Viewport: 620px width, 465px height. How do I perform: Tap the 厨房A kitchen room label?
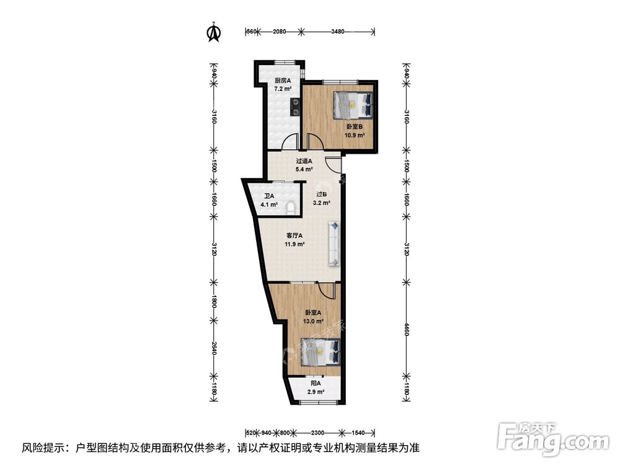[x=283, y=81]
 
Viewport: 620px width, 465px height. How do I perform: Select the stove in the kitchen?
[x=295, y=107]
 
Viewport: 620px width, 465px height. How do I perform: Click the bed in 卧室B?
[x=353, y=105]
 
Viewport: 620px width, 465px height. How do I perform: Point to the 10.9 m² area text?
[x=354, y=135]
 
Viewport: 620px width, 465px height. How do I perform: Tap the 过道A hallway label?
[x=304, y=161]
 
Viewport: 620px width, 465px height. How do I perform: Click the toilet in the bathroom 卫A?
[x=291, y=207]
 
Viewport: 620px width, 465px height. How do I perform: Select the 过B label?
[x=321, y=195]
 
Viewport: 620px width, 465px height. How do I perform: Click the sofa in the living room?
[x=334, y=243]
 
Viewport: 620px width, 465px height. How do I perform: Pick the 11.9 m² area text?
[x=294, y=244]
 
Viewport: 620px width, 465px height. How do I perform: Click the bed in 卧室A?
[x=321, y=350]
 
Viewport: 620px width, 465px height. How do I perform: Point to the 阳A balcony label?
[x=316, y=384]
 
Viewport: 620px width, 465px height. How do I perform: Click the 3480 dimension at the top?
[x=338, y=32]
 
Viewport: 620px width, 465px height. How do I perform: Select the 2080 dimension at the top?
[x=280, y=32]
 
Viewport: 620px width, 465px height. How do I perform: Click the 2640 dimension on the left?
[x=213, y=348]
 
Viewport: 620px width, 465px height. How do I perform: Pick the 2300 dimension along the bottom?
[x=318, y=433]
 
